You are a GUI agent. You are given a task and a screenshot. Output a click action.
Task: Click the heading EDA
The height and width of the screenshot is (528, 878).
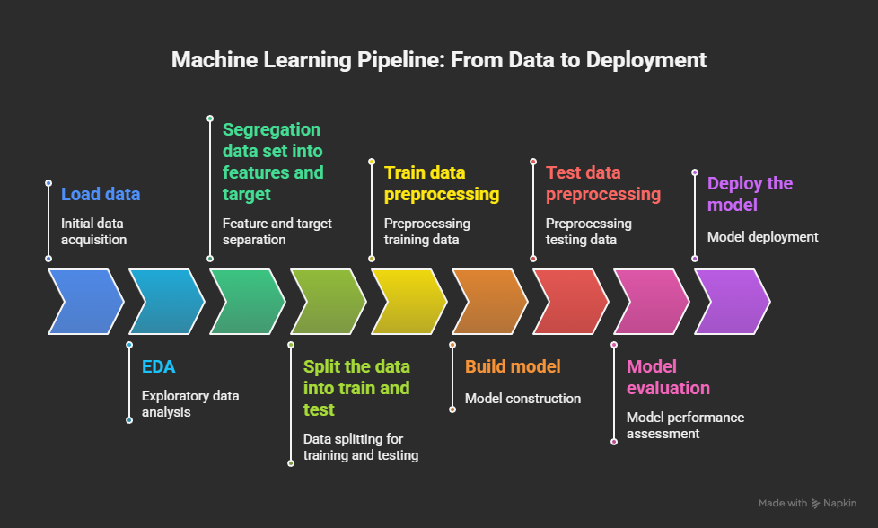[x=159, y=366]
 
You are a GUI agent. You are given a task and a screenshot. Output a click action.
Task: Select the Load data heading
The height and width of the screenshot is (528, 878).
[x=101, y=194]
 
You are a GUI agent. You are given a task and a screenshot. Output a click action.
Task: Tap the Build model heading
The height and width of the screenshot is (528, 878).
[x=513, y=366]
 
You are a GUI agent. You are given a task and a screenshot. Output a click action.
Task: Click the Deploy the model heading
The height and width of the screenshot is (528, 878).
[x=750, y=194]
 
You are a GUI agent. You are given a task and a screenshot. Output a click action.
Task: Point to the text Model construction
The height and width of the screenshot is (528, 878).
[x=523, y=399]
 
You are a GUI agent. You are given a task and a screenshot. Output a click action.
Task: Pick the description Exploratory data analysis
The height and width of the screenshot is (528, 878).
[x=190, y=404]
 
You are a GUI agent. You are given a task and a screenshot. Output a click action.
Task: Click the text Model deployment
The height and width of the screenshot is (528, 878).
[x=763, y=237]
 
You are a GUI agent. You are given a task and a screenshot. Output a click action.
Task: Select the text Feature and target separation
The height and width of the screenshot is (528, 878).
[x=277, y=232]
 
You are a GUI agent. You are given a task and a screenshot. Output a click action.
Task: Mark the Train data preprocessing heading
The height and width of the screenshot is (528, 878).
[x=442, y=183]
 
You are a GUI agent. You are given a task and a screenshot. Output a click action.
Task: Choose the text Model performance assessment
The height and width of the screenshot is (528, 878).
[x=685, y=426]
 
